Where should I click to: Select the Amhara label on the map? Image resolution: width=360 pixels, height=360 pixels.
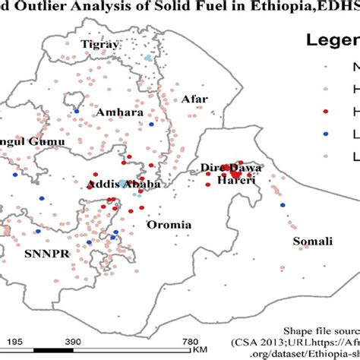pyautogui.click(x=118, y=112)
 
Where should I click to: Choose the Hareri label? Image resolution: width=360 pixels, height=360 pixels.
pyautogui.click(x=232, y=182)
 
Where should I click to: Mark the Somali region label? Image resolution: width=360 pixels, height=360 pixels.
pyautogui.click(x=313, y=242)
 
